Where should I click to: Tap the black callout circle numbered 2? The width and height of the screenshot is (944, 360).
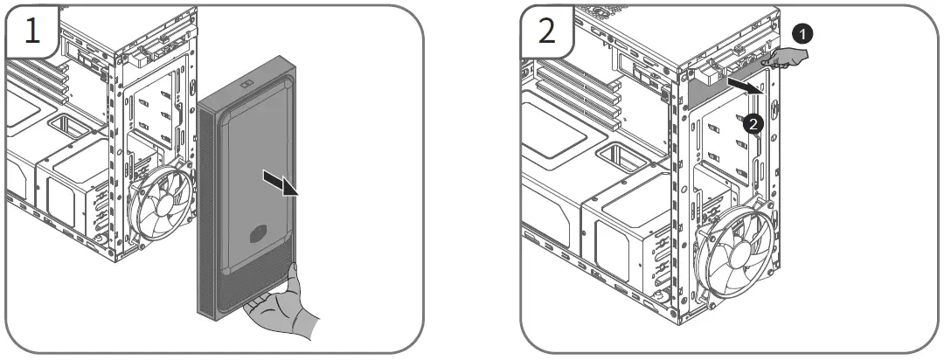click(754, 124)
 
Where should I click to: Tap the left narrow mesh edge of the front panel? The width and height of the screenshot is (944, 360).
click(206, 210)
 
